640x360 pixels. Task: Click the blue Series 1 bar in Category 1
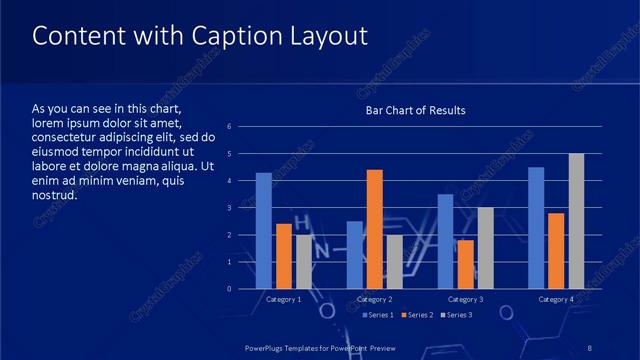(x=263, y=231)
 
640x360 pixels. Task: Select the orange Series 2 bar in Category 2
(x=375, y=229)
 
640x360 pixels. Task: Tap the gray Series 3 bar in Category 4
(x=576, y=221)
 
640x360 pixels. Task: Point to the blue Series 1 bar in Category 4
(x=536, y=228)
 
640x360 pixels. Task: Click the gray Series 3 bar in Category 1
(x=303, y=262)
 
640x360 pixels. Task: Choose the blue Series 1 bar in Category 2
(x=355, y=255)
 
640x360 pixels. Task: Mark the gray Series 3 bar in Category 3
(x=485, y=248)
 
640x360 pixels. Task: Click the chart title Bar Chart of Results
(x=415, y=110)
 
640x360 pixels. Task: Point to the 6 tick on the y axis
(x=230, y=127)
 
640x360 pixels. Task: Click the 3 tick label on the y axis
(x=230, y=208)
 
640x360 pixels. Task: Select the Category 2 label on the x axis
(x=374, y=299)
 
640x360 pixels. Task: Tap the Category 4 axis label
(x=556, y=299)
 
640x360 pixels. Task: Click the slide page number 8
(x=590, y=346)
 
